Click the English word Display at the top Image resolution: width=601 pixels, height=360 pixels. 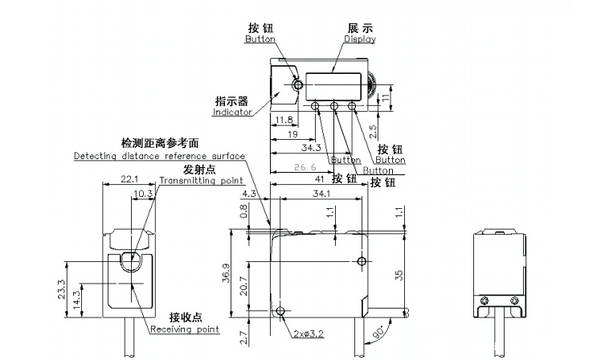click(x=360, y=39)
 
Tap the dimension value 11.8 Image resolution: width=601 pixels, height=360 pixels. click(x=283, y=121)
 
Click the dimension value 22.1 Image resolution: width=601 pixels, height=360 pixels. click(x=131, y=179)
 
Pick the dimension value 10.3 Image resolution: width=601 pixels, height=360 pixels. click(x=143, y=194)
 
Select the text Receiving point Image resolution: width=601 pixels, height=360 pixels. click(x=184, y=329)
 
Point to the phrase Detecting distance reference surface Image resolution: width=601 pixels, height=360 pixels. click(x=159, y=155)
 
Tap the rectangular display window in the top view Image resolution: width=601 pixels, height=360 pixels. click(x=335, y=85)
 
